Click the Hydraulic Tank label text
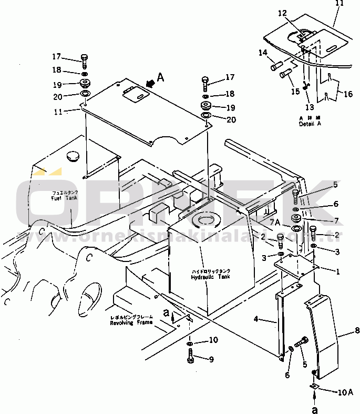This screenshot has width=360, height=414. point(211,277)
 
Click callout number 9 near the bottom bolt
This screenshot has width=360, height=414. point(211,360)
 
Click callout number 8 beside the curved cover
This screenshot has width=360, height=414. point(342,331)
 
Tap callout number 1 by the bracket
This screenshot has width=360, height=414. point(338,272)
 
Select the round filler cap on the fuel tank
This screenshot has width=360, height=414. point(73,157)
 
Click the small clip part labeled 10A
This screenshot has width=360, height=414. point(314,387)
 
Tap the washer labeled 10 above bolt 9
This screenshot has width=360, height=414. point(190,344)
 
